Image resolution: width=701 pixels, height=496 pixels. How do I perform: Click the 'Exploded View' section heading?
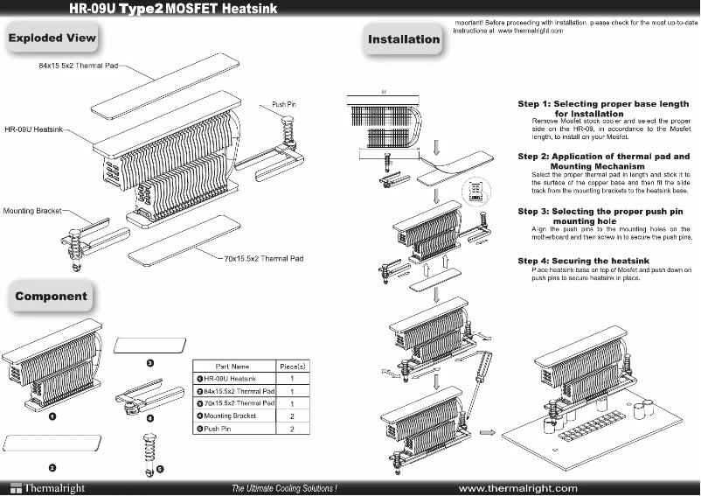[52, 38]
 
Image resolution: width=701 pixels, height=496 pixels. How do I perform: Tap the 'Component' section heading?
[51, 296]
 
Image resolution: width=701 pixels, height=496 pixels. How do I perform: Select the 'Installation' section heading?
[403, 39]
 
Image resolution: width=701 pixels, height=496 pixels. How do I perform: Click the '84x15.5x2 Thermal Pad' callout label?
[78, 66]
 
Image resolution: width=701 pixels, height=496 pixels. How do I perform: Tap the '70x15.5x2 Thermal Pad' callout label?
[263, 259]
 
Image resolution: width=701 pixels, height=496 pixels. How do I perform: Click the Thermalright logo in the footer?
[41, 487]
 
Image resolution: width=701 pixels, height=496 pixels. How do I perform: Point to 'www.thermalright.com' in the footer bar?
[517, 487]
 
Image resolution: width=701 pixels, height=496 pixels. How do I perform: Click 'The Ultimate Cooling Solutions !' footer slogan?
[284, 487]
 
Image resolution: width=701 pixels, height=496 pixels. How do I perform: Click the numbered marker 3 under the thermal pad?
[149, 363]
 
